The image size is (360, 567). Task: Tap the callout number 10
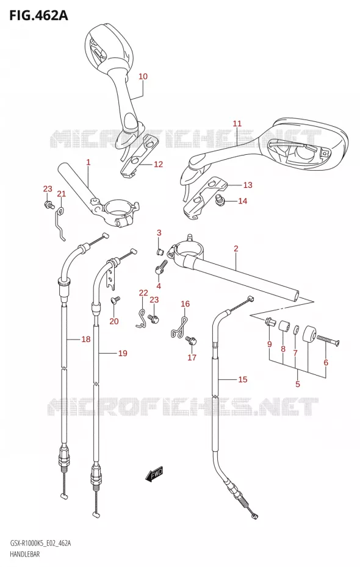(x=143, y=76)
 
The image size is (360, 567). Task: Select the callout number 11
(x=237, y=124)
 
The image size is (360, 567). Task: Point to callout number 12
(x=158, y=164)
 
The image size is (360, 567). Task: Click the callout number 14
(x=242, y=201)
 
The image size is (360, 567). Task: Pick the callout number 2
(x=236, y=248)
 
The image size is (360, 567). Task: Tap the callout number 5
(x=298, y=384)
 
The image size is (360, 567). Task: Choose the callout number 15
(x=243, y=379)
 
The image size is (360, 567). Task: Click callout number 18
(x=86, y=339)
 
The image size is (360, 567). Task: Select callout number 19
(x=123, y=353)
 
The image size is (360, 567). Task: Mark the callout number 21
(x=62, y=194)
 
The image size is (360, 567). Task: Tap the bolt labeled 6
(x=328, y=341)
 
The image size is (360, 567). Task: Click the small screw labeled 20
(x=115, y=300)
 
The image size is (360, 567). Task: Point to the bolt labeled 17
(x=191, y=340)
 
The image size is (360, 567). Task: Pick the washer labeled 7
(x=296, y=329)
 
